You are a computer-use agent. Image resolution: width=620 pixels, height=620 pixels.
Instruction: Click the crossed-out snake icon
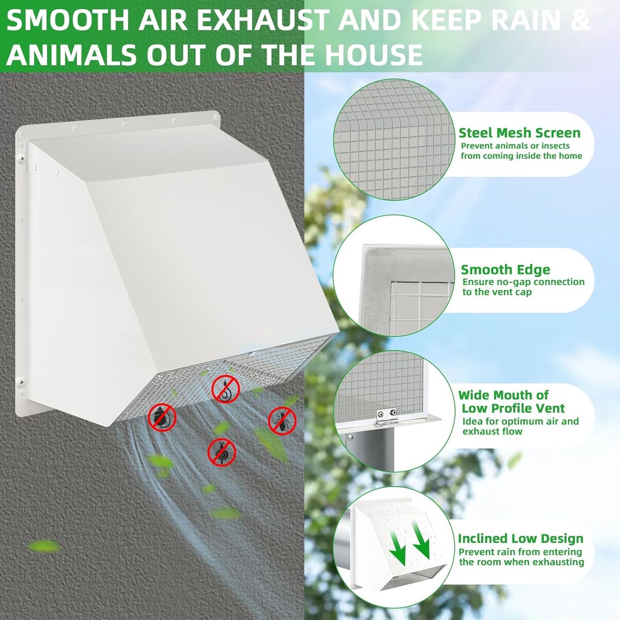226,389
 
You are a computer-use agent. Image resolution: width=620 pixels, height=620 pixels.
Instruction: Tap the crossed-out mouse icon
162,417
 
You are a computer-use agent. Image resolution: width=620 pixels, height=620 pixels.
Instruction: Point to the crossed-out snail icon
222,452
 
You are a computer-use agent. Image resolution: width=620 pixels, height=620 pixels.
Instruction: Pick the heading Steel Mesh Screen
519,133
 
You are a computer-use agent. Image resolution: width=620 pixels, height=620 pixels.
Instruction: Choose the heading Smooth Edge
505,270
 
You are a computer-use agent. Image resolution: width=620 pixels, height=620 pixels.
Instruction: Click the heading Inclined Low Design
520,538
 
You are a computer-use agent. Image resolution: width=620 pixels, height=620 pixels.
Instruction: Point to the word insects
553,146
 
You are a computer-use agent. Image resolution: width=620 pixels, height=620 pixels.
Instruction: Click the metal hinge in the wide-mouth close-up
387,417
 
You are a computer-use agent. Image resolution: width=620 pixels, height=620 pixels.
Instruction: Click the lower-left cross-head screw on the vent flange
22,382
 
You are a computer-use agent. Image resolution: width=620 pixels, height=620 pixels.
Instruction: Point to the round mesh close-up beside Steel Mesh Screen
394,140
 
